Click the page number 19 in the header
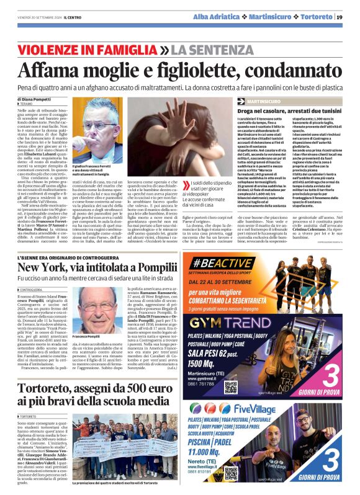(x=348, y=17)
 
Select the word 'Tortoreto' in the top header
(x=312, y=17)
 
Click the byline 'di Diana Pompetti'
(x=37, y=97)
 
